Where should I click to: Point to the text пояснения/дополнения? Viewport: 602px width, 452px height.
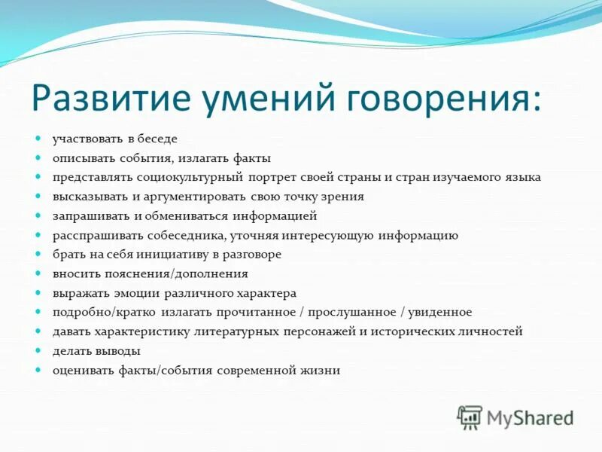(182, 274)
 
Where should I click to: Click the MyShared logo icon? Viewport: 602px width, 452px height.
(470, 417)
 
